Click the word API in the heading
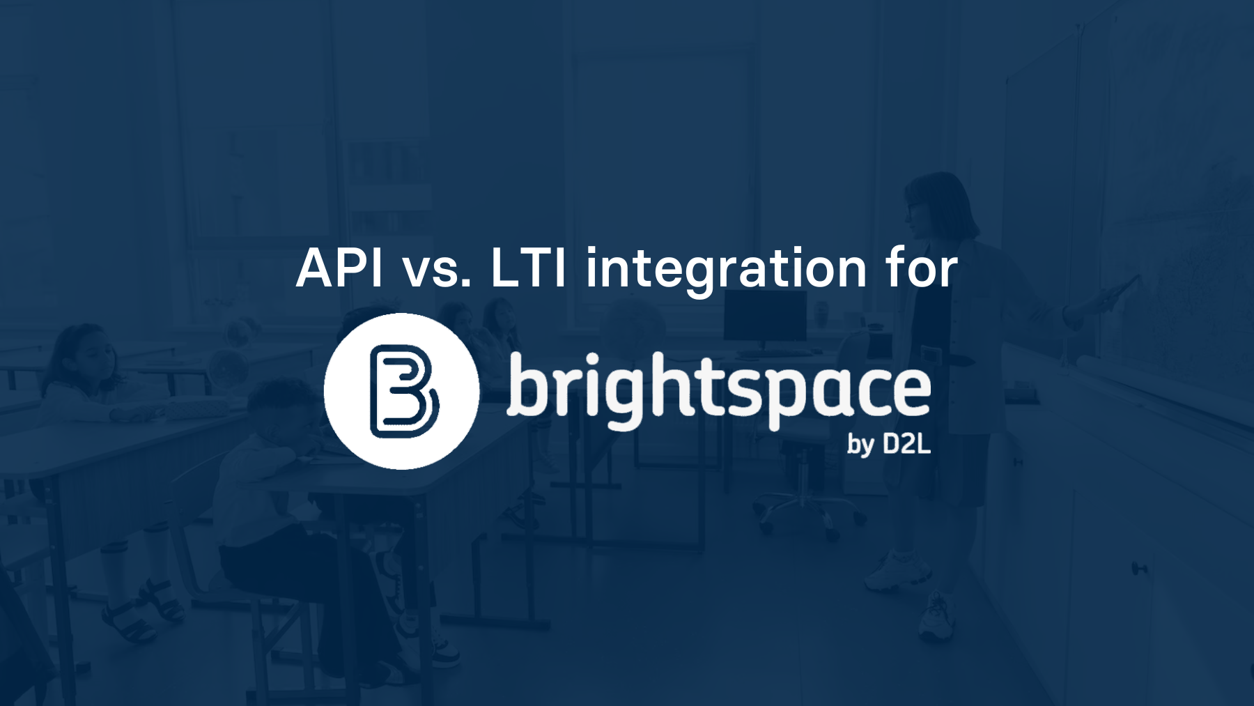pos(339,268)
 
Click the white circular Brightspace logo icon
pos(402,391)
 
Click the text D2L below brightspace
pos(906,444)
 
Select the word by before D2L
pos(860,445)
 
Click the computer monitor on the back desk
pos(764,317)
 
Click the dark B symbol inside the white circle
pos(403,391)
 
